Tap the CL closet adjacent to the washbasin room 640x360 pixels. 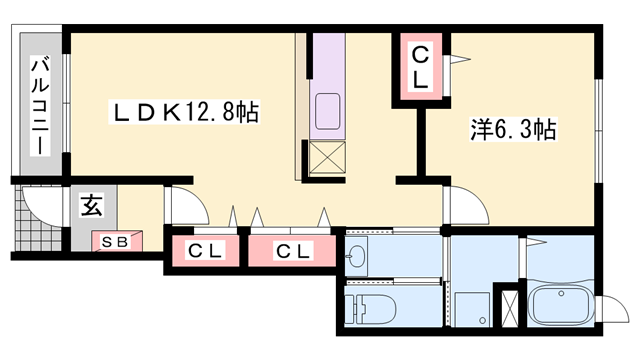click(292, 250)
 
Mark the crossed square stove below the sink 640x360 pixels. click(328, 158)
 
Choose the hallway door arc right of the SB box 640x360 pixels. click(185, 208)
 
